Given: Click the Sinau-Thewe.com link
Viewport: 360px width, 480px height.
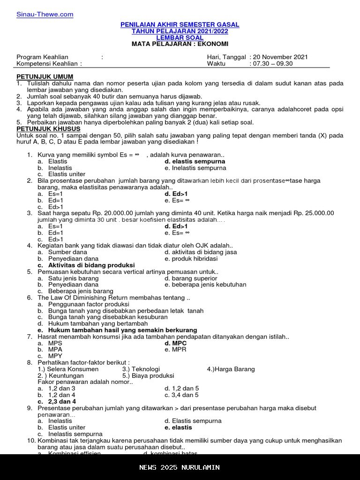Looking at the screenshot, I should [x=45, y=15].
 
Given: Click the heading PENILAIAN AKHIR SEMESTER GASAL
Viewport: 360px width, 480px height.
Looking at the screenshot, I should [x=180, y=24].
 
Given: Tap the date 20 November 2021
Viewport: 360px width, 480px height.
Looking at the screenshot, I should [x=280, y=57].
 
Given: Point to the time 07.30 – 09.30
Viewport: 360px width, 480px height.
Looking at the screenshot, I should [x=272, y=64].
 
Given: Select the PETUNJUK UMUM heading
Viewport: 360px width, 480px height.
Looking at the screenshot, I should [x=45, y=77].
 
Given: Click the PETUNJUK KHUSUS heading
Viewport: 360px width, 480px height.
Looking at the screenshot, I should [x=48, y=129].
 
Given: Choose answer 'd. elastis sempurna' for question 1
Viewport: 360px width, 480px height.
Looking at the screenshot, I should [x=195, y=162].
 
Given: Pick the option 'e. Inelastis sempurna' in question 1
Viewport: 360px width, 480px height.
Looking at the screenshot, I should [x=195, y=168].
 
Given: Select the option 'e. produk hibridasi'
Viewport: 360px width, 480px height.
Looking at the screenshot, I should [x=191, y=259].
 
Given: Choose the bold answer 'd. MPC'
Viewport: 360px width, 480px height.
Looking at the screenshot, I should [x=176, y=343].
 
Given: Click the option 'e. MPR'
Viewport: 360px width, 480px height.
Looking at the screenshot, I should [x=175, y=350].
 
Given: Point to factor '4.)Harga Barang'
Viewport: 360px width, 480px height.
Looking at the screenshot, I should [x=231, y=369].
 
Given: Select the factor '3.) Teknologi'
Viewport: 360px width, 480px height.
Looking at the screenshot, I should [x=141, y=369].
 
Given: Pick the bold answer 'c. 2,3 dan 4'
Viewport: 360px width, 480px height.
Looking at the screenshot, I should [x=57, y=402].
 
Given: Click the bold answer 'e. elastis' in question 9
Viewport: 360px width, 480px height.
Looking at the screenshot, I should [x=179, y=427].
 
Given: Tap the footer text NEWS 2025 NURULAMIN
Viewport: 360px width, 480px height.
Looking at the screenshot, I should [x=180, y=467].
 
